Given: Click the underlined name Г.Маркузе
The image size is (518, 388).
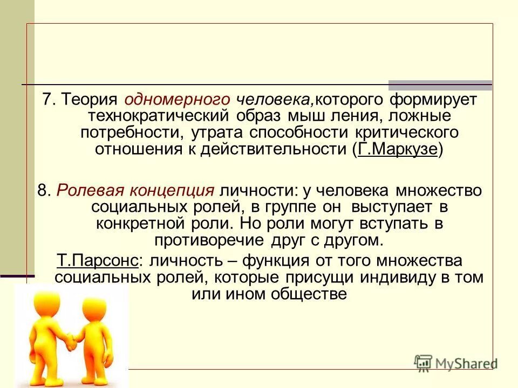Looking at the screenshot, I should point(397,149).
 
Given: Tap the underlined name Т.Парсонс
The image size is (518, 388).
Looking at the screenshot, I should point(98,261).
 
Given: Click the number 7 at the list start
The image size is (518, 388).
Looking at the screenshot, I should point(48,99).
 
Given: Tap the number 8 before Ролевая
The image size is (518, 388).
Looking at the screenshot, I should point(43,190).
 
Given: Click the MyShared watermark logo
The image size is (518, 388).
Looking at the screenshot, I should point(455,363).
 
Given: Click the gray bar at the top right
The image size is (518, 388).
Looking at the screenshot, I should point(440,85).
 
